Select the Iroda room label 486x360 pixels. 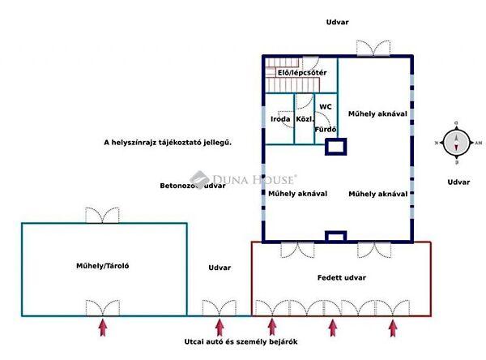coord(280,119)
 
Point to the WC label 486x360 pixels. coord(325,107)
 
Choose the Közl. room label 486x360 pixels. coord(305,119)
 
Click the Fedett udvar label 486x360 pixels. coord(341,278)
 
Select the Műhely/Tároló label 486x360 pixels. coord(104,265)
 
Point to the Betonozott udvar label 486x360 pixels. coord(192,186)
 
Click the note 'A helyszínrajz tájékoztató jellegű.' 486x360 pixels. coord(168,143)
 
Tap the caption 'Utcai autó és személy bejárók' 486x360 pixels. coord(240,342)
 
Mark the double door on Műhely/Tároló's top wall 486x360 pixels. coord(104,216)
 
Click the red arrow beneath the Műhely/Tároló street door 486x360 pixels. coord(103,328)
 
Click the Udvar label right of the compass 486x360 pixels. coord(458,182)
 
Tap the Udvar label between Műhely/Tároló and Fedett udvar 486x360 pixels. coord(220,268)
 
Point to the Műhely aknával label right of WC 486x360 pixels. coord(377,114)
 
